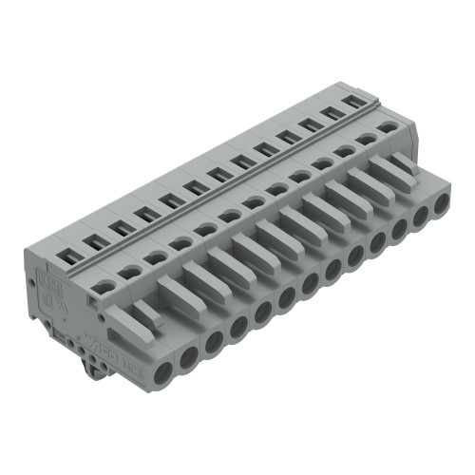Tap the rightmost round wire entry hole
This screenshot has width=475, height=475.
(439, 203)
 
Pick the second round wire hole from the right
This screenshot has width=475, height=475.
(419, 216)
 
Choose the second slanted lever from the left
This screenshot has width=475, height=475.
(174, 288)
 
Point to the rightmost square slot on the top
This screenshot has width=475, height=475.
(354, 100)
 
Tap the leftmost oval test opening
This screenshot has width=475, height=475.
(106, 284)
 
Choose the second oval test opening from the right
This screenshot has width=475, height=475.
(366, 139)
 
